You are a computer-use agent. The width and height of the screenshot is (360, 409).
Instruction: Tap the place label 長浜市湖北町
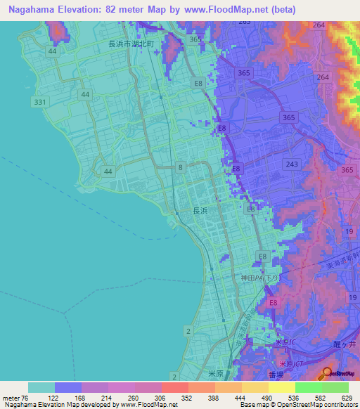click(x=140, y=43)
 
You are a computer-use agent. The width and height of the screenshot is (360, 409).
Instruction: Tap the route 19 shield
click(x=349, y=231)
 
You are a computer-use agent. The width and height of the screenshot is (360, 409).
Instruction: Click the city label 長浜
click(x=200, y=210)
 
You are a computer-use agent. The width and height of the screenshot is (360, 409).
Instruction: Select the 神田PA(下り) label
click(x=261, y=278)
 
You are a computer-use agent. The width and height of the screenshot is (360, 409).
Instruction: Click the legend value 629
click(x=347, y=397)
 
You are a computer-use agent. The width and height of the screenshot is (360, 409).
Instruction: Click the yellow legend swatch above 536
click(x=281, y=387)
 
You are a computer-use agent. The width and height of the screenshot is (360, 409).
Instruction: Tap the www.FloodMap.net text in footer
click(x=148, y=405)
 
